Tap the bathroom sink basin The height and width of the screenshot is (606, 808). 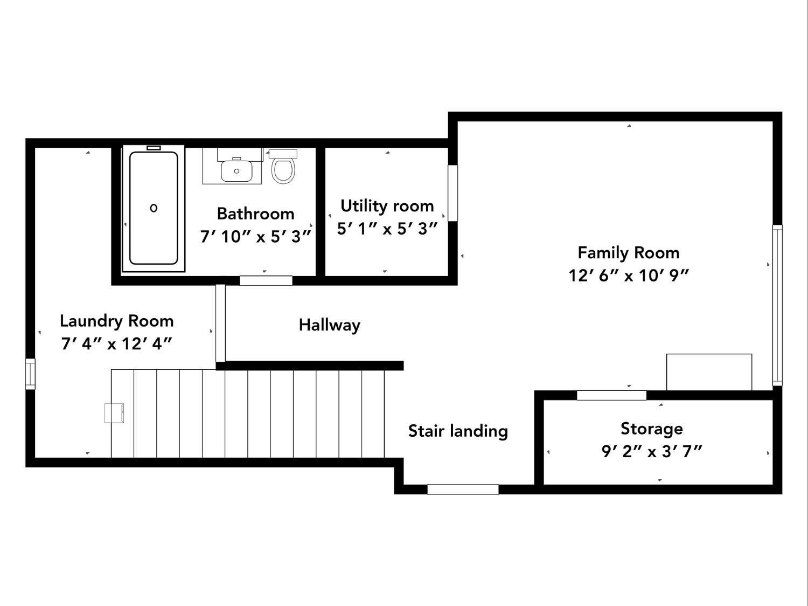(x=236, y=171)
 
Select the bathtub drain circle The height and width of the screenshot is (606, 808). (x=154, y=208)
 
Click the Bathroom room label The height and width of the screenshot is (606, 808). (x=255, y=214)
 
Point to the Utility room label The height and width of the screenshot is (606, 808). (x=387, y=206)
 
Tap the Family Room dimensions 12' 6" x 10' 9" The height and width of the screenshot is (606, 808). (x=629, y=276)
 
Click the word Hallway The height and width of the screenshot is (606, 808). (x=330, y=326)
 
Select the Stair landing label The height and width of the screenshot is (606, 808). (x=458, y=431)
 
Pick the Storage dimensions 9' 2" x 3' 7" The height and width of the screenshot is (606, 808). (x=652, y=451)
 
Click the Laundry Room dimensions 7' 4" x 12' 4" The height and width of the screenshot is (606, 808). (x=116, y=344)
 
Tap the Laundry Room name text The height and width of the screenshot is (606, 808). (x=117, y=321)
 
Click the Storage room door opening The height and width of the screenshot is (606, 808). (x=611, y=395)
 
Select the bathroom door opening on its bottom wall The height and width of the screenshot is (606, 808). (x=266, y=280)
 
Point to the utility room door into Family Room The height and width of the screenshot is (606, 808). (x=453, y=193)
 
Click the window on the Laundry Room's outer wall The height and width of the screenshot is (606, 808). (x=30, y=374)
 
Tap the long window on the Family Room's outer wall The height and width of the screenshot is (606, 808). (x=777, y=305)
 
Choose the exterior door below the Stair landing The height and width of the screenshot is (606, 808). (x=463, y=489)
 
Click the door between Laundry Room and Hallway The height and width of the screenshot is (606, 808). (x=220, y=323)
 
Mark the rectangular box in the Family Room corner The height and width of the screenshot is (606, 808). (x=709, y=372)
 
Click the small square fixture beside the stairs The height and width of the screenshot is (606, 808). (x=115, y=412)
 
